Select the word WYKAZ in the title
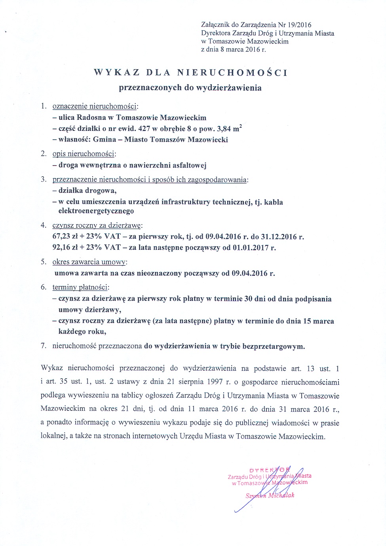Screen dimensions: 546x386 pos(117,73)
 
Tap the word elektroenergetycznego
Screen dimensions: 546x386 pos(96,211)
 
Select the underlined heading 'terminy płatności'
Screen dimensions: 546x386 pos(81,287)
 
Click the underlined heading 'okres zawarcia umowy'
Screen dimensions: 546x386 pos(89,262)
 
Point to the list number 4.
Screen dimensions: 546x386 pos(44,225)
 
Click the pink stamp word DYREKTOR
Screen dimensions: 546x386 pos(267,470)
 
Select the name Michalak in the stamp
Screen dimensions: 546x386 pos(281,495)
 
